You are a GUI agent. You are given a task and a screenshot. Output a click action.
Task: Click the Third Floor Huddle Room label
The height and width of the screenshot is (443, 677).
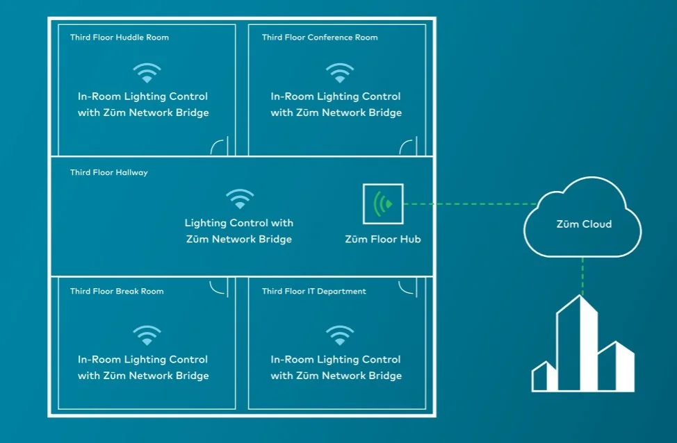119,37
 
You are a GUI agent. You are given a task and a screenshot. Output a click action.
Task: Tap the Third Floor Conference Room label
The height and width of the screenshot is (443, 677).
320,37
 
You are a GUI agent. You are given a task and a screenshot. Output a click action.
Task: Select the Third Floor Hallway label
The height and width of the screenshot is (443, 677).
108,172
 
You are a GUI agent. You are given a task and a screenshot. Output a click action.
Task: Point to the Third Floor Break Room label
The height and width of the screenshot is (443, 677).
117,291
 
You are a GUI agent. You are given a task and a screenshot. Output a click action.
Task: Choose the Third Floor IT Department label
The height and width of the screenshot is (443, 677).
313,291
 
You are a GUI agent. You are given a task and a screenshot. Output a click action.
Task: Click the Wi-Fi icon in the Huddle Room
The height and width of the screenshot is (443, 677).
147,73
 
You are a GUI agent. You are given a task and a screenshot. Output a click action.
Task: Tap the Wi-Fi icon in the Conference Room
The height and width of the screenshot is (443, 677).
340,73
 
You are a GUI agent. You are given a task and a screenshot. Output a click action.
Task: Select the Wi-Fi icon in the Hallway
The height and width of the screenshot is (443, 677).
240,199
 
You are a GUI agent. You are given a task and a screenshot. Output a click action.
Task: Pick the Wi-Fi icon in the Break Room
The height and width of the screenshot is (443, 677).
147,335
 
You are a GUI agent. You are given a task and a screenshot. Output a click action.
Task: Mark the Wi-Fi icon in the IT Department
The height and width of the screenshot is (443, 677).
340,335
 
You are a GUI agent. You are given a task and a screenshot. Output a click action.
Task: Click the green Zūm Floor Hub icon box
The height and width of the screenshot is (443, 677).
383,204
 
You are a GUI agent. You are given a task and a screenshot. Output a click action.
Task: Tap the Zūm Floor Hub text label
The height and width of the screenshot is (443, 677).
383,240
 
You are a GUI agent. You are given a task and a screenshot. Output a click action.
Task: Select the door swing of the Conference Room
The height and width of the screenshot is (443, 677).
408,147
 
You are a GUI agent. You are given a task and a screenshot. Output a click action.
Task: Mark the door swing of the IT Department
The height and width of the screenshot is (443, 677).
408,286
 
